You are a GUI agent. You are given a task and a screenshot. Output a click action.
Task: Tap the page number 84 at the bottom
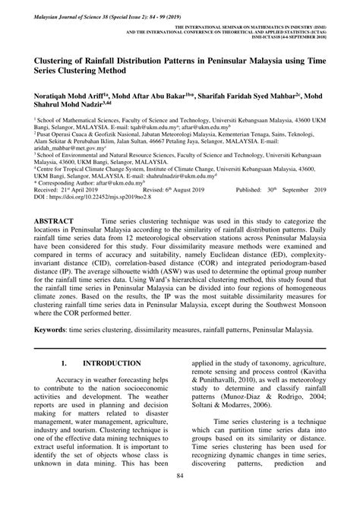click(179, 498)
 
